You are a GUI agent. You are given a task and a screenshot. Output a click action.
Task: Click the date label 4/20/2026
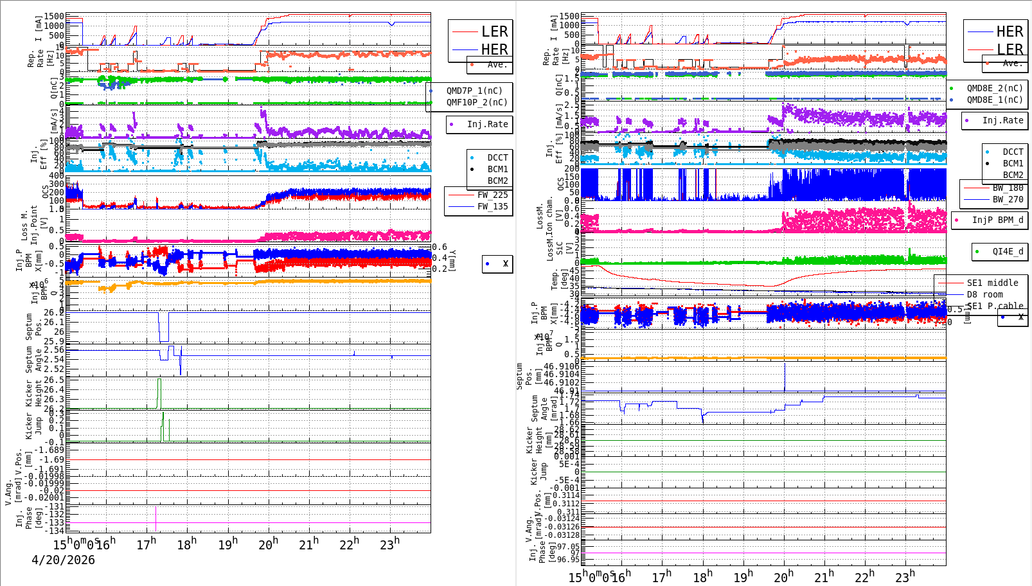pos(63,560)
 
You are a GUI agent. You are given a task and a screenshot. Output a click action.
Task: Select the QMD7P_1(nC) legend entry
pos(474,91)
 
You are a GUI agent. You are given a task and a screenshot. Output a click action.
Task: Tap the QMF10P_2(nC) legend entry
pos(476,102)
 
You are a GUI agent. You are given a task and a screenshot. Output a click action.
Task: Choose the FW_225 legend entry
pos(492,195)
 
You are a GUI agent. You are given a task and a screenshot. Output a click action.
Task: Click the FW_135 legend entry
pos(492,206)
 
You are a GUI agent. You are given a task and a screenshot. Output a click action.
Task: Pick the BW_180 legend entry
pos(1007,188)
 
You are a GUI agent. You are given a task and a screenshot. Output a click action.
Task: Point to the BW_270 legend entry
pos(1007,199)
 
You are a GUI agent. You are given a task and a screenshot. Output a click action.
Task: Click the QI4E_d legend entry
pos(1007,251)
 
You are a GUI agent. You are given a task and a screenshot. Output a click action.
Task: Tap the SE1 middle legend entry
pos(992,283)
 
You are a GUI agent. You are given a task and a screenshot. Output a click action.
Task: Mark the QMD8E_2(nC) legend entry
pos(994,88)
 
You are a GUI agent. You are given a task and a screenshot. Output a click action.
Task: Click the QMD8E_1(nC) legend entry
pos(994,100)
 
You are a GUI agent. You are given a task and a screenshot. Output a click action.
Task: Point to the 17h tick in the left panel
pos(147,544)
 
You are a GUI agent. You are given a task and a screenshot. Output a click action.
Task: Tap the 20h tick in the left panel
pos(269,544)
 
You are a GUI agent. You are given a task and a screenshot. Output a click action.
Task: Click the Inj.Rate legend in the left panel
pos(487,124)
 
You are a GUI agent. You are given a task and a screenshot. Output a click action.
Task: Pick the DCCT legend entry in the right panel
pos(1013,152)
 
